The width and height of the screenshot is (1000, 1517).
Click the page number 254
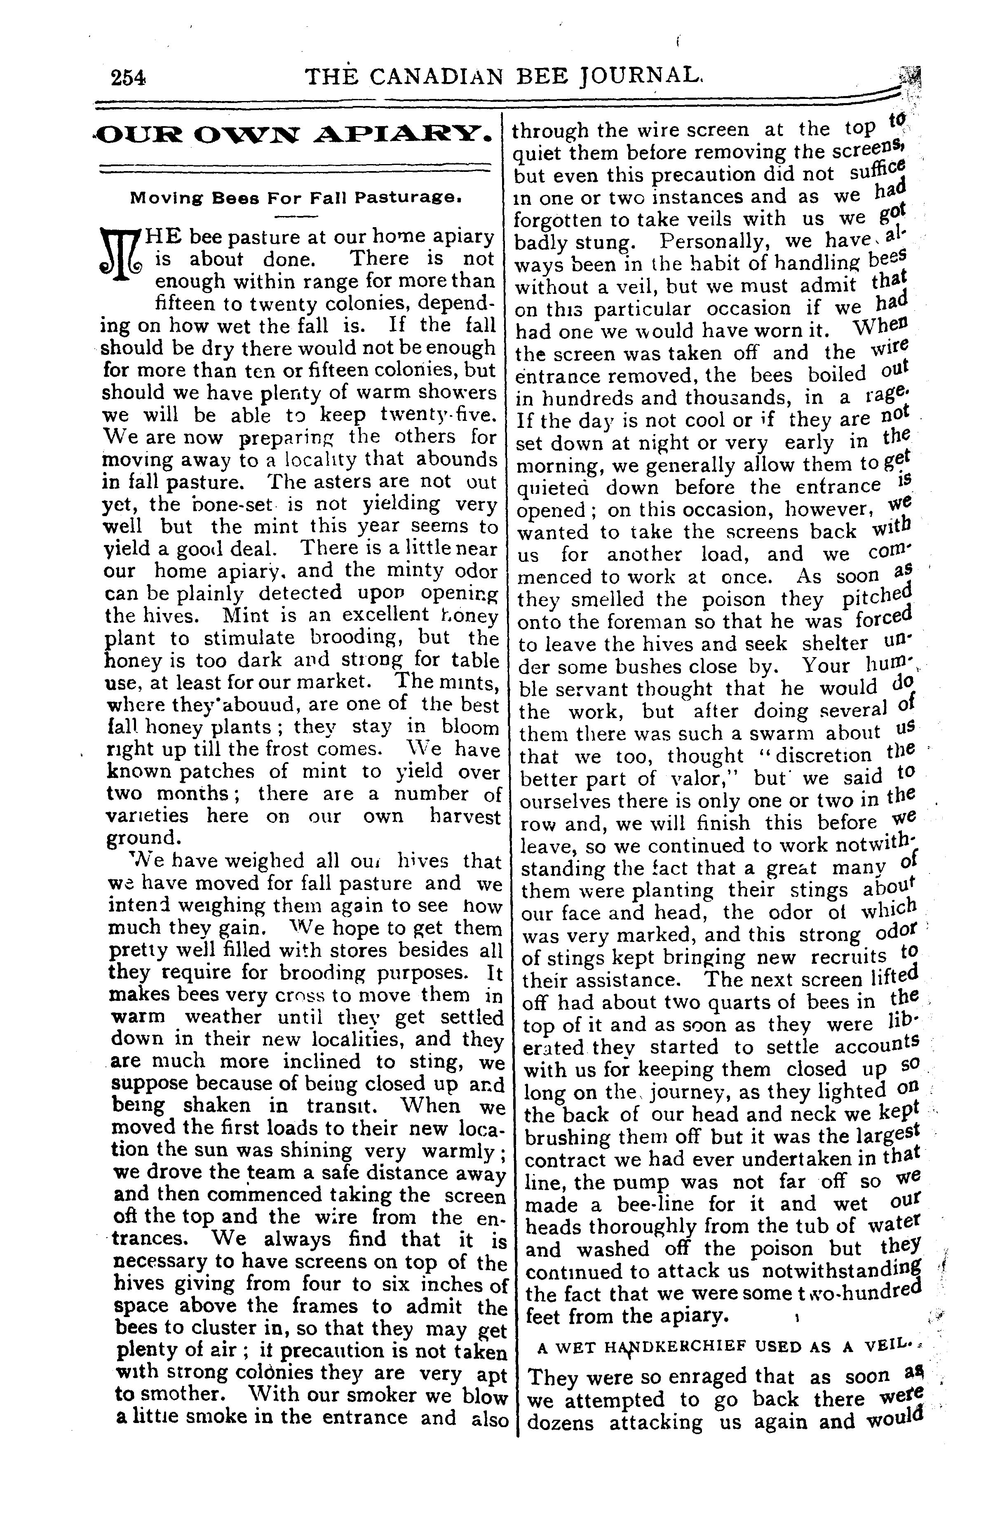(x=128, y=78)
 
